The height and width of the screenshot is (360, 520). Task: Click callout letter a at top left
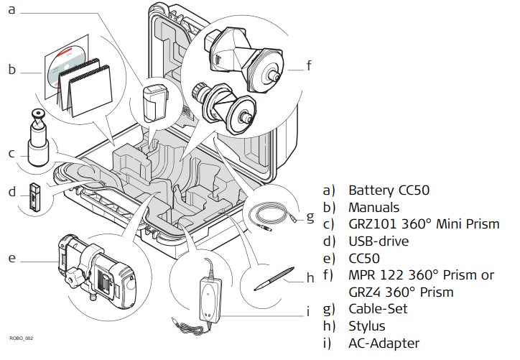[11, 11]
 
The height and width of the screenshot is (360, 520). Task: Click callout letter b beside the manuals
[11, 70]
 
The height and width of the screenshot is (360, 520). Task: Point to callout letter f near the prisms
[309, 67]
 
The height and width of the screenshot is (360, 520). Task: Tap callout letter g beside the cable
[310, 216]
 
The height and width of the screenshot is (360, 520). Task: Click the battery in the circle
[154, 103]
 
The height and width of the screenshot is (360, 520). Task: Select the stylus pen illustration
[274, 278]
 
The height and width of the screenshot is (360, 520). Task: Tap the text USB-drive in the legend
[379, 241]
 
